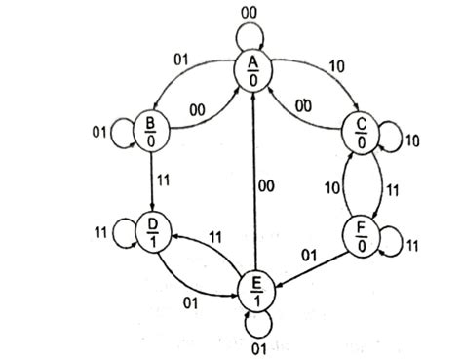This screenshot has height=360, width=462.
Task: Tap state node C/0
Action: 361,132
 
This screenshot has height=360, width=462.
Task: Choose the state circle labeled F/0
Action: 361,237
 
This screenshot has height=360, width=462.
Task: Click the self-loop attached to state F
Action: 390,237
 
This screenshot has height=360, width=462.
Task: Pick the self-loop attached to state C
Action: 390,132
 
